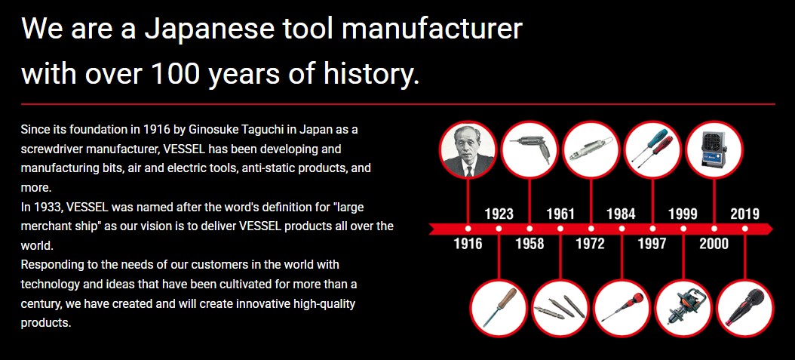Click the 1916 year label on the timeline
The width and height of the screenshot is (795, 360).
click(x=468, y=244)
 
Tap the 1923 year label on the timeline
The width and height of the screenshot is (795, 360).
click(x=499, y=214)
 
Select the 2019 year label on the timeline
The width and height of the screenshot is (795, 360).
click(x=744, y=214)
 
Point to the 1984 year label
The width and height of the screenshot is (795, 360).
click(x=621, y=214)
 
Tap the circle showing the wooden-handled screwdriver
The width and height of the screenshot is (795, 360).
click(x=499, y=308)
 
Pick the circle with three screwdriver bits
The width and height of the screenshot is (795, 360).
click(x=560, y=308)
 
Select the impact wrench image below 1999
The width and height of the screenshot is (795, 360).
click(x=683, y=308)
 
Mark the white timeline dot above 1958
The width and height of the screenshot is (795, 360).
click(x=529, y=229)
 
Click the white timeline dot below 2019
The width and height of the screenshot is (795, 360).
click(x=744, y=229)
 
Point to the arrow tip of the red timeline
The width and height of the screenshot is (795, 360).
click(x=772, y=229)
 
